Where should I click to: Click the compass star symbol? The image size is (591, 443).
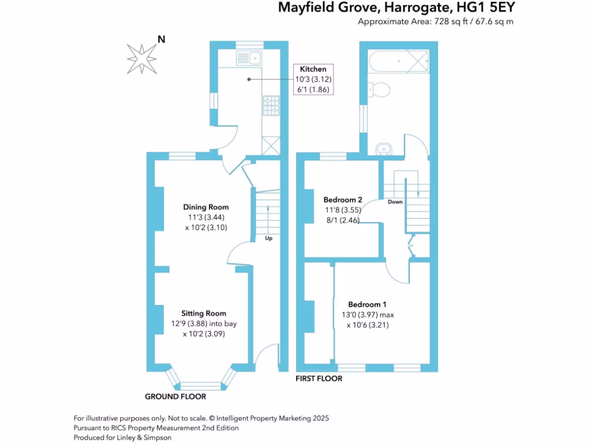(141, 58)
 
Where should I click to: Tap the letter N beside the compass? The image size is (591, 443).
(162, 39)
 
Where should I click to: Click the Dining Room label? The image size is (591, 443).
(205, 207)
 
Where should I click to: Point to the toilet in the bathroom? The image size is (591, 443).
(380, 89)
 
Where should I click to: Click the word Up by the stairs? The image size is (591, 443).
(268, 238)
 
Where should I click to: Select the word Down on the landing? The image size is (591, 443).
(395, 202)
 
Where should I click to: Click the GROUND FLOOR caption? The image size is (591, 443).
(175, 397)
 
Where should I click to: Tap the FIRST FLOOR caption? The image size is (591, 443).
(319, 379)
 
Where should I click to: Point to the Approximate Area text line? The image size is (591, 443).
(436, 22)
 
